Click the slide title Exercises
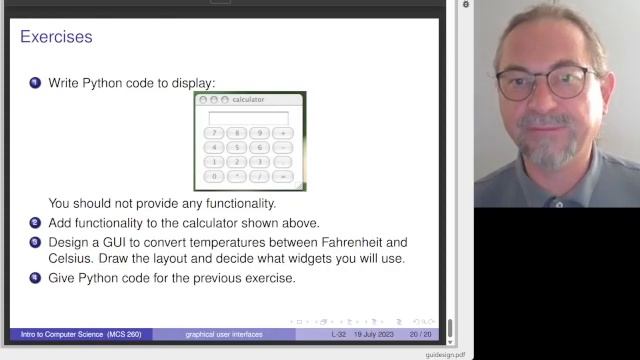click(x=56, y=37)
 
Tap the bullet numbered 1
click(x=35, y=83)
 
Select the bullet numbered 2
click(x=35, y=222)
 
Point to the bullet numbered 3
click(x=35, y=242)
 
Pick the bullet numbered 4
click(x=35, y=277)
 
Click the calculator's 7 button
click(x=214, y=133)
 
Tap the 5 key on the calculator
click(x=237, y=147)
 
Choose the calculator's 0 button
click(x=214, y=176)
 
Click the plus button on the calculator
click(x=283, y=133)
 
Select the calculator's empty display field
click(x=248, y=117)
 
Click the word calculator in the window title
click(x=248, y=100)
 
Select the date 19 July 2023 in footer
click(x=378, y=334)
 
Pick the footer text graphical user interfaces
click(x=224, y=334)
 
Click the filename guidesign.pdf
click(x=445, y=354)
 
